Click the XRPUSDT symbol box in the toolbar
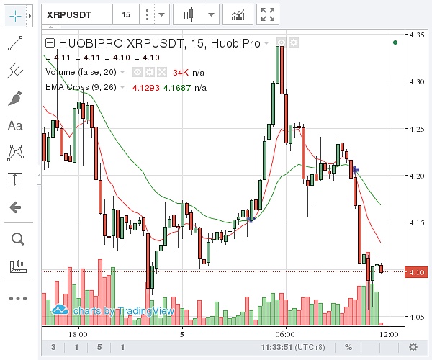tap(76, 14)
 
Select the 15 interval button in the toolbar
tap(126, 14)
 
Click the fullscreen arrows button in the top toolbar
tap(268, 14)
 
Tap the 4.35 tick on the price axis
tap(416, 35)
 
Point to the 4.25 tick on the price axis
tap(416, 130)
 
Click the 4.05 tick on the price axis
tap(416, 318)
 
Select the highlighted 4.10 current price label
tap(417, 271)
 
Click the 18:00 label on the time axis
tap(78, 334)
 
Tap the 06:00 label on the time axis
tap(285, 334)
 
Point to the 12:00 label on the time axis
tap(389, 334)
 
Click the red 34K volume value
tap(181, 72)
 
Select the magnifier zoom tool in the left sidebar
tap(16, 238)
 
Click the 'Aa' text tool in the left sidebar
tap(15, 126)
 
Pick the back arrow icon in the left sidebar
tap(15, 207)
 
